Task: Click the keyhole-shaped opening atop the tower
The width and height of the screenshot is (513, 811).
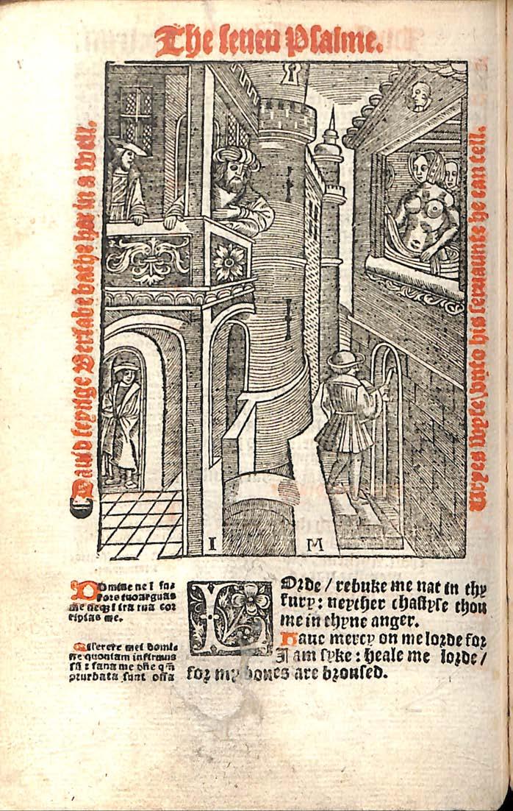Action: click(292, 74)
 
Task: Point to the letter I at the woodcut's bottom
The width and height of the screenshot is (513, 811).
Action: click(212, 545)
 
